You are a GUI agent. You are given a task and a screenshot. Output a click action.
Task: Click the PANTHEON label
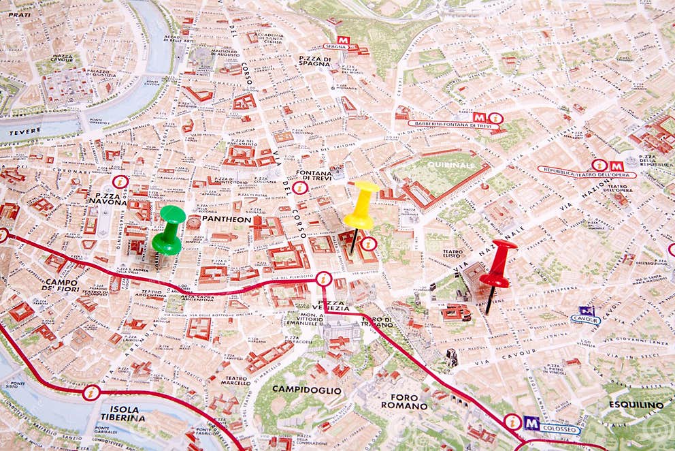[227, 220]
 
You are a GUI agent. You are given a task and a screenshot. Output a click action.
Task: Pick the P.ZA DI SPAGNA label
[314, 61]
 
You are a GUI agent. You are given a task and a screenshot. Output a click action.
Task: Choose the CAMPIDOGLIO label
[307, 390]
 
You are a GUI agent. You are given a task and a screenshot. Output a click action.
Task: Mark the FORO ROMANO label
[404, 401]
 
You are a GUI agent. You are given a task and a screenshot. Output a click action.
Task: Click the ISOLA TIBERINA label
[123, 413]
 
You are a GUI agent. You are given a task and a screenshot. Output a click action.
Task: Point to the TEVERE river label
[24, 131]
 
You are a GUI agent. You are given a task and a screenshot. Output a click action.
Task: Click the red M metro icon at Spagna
[343, 41]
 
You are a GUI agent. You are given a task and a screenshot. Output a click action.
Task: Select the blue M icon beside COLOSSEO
[531, 424]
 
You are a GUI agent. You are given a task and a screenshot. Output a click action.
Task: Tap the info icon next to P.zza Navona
[120, 182]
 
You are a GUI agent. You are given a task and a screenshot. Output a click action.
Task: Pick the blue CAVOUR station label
[585, 318]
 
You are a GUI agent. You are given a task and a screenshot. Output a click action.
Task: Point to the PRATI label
[20, 14]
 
